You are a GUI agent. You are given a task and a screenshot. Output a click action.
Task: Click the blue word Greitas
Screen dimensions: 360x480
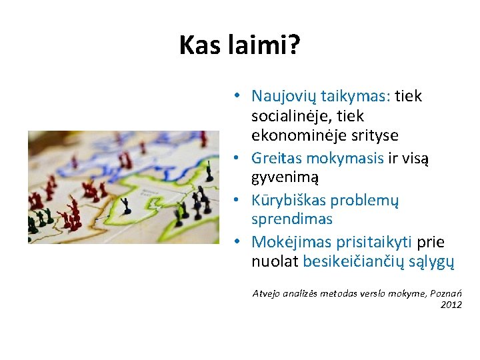pos(275,159)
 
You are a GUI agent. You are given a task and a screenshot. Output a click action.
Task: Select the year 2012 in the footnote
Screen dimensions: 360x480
pos(451,305)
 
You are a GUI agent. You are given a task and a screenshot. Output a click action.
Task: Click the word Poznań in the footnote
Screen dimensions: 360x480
pos(445,293)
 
